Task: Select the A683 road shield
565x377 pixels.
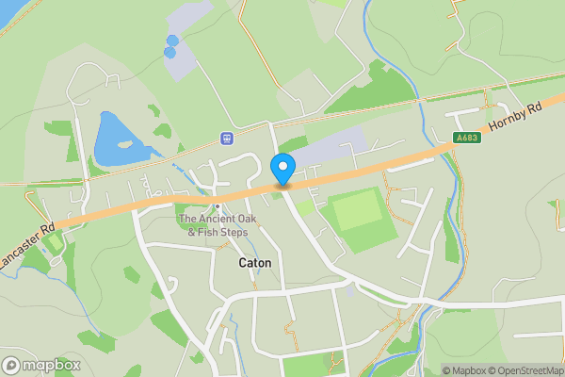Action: (x=466, y=138)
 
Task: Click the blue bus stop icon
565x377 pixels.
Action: (x=226, y=139)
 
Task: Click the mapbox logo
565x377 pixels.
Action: (x=41, y=365)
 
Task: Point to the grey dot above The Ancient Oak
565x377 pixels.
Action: (x=218, y=206)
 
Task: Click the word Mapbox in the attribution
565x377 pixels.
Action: (x=465, y=370)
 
